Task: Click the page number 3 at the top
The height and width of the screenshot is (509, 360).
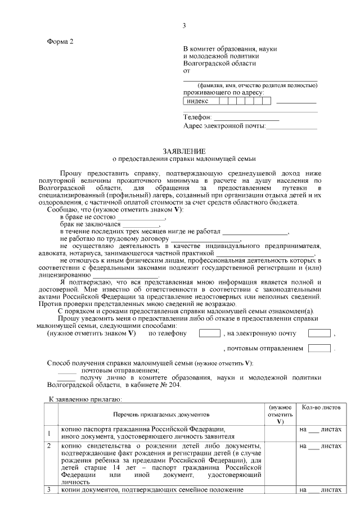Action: coord(184,25)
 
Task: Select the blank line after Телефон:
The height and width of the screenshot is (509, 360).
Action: coord(246,118)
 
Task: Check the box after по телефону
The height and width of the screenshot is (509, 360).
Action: coord(209,333)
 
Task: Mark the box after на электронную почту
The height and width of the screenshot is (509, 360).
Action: coord(319,333)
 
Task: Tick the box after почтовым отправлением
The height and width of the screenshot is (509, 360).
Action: coord(319,349)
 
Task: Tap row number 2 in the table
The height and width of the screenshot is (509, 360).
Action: coord(49,446)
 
